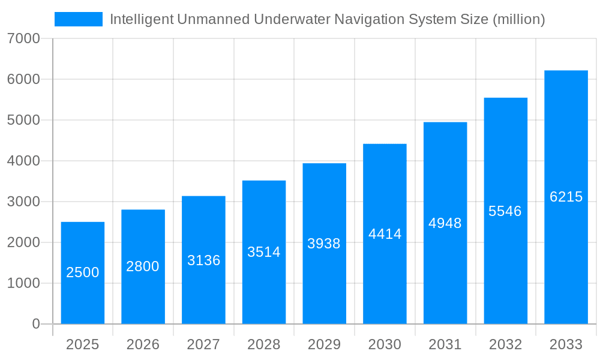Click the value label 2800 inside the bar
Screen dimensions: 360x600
click(x=143, y=266)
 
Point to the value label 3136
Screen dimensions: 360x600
click(x=203, y=260)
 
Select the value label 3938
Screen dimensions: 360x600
click(x=324, y=244)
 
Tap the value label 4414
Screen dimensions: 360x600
click(x=385, y=234)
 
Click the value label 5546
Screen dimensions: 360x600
click(x=505, y=211)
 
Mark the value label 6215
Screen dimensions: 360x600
click(x=566, y=197)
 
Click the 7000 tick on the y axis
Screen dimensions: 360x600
click(x=23, y=39)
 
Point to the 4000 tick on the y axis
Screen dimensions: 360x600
click(x=23, y=161)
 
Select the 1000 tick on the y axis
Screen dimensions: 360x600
click(x=23, y=283)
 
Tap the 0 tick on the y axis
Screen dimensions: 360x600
click(x=35, y=324)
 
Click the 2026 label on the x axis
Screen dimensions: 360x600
click(x=143, y=344)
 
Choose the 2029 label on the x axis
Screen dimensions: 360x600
click(x=324, y=344)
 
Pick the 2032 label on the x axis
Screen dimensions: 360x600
click(x=505, y=344)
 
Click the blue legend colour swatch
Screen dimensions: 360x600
click(x=79, y=19)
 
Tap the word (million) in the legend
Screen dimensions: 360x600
click(x=518, y=19)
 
